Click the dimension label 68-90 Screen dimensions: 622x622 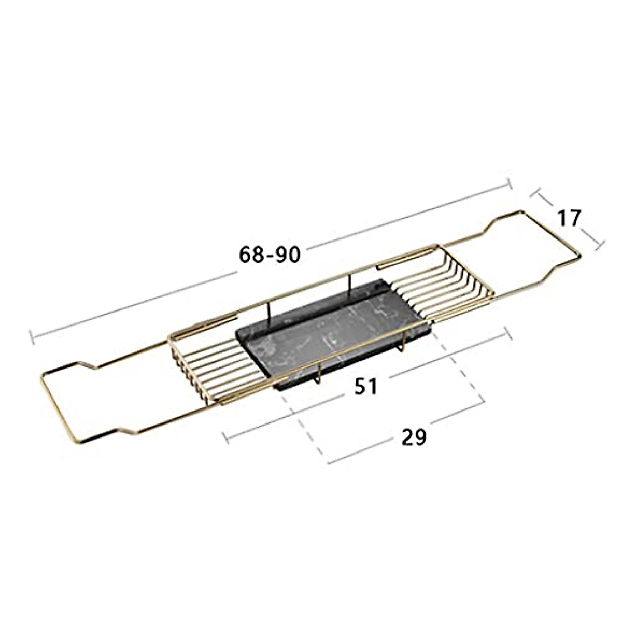[x=270, y=255]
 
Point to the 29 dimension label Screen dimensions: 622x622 [x=414, y=437]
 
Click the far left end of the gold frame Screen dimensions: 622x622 [x=41, y=379]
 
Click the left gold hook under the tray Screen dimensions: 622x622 [x=318, y=376]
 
